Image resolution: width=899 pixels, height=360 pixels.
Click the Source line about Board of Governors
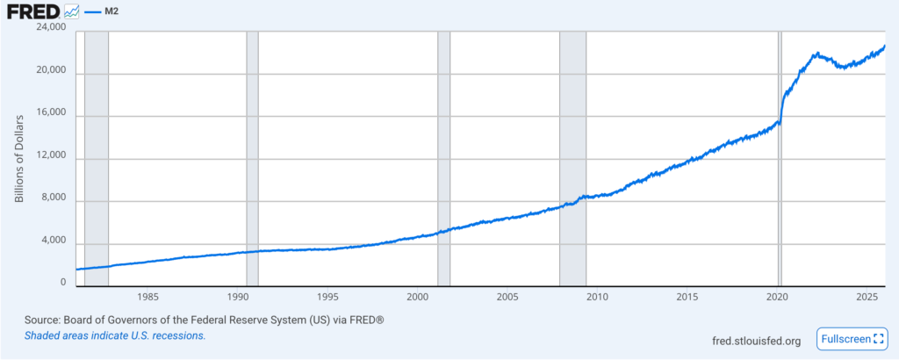click(194, 320)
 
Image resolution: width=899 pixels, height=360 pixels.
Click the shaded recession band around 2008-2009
click(572, 158)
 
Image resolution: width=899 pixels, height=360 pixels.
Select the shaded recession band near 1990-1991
click(253, 158)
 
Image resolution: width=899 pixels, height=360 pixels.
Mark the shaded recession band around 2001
click(443, 158)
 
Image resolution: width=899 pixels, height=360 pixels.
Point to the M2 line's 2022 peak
click(816, 54)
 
